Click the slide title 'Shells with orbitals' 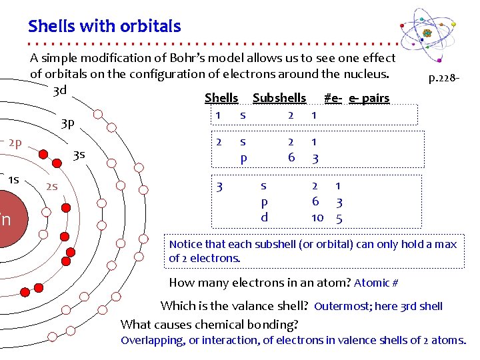(x=105, y=27)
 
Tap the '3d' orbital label (x=60, y=91)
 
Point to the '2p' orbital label (x=15, y=142)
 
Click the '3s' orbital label (x=79, y=155)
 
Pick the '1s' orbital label (x=13, y=179)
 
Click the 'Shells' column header (x=221, y=98)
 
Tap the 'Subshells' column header (x=279, y=98)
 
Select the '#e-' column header (x=333, y=98)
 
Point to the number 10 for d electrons (x=317, y=218)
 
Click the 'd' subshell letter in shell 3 (x=264, y=217)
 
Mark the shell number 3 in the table (x=219, y=187)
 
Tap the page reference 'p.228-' (x=443, y=78)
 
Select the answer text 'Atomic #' (x=376, y=283)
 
